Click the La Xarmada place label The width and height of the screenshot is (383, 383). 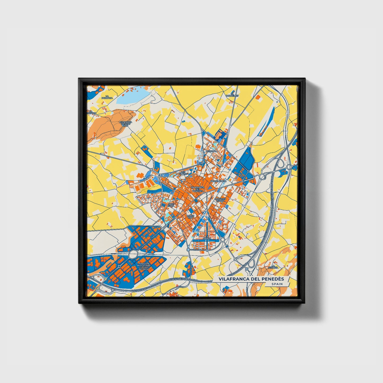107,97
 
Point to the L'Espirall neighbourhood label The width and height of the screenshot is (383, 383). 212,151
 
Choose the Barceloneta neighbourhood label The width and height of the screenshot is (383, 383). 218,181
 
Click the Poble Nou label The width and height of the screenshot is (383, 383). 190,217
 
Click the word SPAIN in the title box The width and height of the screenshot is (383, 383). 277,284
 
